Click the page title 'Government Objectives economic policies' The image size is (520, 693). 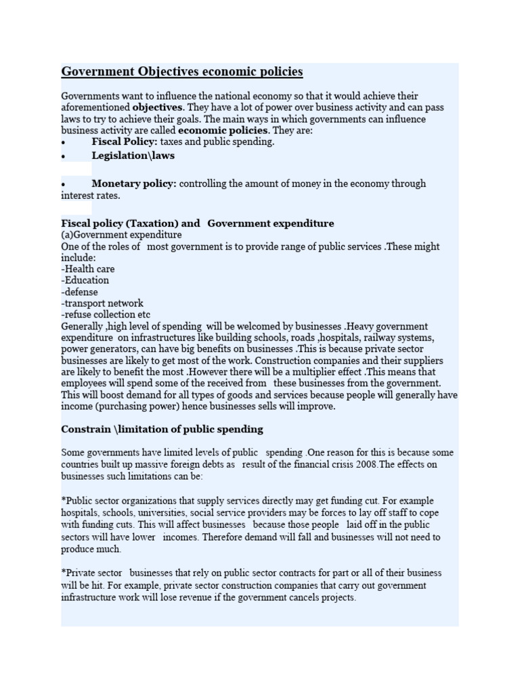(182, 72)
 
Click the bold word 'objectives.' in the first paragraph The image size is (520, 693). (158, 108)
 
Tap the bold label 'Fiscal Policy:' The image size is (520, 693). (125, 142)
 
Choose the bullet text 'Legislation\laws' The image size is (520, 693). (133, 156)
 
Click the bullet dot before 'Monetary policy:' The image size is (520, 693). (63, 184)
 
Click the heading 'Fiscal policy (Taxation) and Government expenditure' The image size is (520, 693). (198, 223)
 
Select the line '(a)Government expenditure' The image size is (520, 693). (121, 235)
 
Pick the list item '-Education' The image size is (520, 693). (85, 280)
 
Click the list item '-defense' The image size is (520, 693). (80, 292)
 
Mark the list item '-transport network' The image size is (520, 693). (102, 303)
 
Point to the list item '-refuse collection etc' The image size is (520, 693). (106, 315)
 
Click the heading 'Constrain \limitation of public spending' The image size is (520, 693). (162, 430)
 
